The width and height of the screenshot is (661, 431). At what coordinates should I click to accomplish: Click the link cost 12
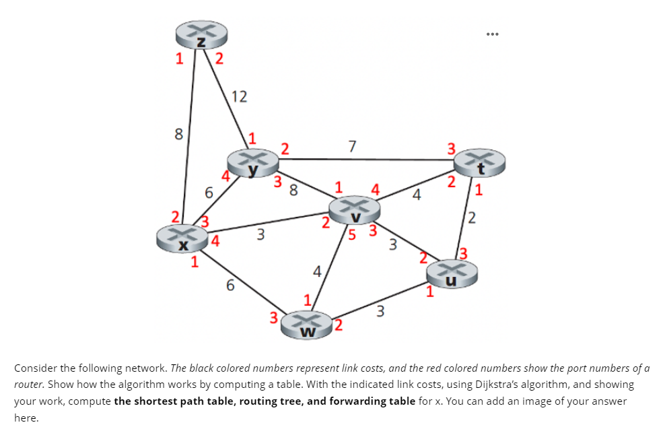click(238, 96)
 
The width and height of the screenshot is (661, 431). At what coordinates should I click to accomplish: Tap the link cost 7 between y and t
click(351, 145)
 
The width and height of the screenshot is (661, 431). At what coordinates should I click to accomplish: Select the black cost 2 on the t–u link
click(472, 218)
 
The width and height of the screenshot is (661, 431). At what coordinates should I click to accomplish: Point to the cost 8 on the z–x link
click(178, 134)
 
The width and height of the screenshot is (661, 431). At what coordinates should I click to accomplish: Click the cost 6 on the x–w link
click(230, 286)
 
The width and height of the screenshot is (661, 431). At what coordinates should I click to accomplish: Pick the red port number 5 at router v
click(351, 234)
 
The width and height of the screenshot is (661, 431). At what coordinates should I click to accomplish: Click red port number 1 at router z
click(179, 59)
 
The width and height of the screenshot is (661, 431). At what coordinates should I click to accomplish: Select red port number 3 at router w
click(273, 318)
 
